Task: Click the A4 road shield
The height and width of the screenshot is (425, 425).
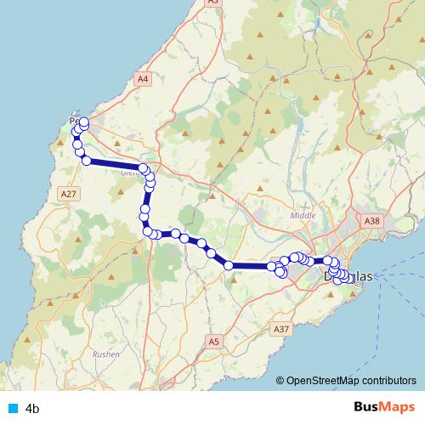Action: coord(143,78)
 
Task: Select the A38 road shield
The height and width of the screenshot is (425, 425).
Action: coord(371,220)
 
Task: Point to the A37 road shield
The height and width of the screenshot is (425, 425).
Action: coord(281,328)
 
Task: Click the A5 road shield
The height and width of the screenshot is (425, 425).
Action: coord(214,342)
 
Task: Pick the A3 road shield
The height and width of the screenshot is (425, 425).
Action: coord(212,3)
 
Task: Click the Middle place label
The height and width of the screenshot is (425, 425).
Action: coord(303,216)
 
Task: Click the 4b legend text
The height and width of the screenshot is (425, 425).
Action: coord(33,409)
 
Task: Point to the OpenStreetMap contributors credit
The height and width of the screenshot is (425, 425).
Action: coord(350,381)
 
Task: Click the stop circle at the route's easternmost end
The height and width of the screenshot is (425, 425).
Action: coord(349,278)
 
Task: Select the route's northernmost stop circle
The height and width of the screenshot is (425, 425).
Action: coord(83,122)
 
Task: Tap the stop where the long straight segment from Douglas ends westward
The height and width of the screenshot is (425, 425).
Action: coord(229,266)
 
